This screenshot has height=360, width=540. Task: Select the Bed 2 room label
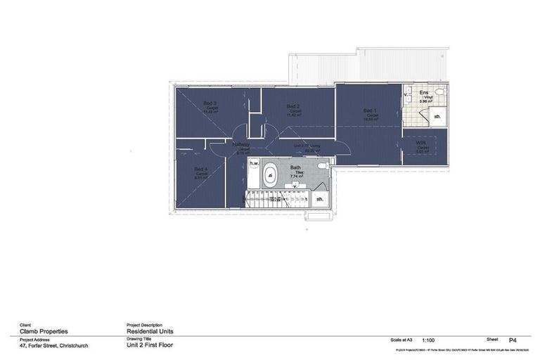[294, 105]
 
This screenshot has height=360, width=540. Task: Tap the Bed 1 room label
[371, 110]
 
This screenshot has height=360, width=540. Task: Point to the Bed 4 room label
[201, 169]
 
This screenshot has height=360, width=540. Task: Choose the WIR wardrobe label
[422, 143]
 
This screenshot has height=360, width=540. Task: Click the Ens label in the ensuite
[424, 92]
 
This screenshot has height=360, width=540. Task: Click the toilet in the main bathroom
[321, 166]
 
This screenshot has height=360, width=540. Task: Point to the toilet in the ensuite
[439, 94]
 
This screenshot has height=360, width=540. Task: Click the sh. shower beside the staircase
[320, 198]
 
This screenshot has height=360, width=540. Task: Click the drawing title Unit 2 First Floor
[149, 345]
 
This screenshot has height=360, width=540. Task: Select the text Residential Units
[149, 330]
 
